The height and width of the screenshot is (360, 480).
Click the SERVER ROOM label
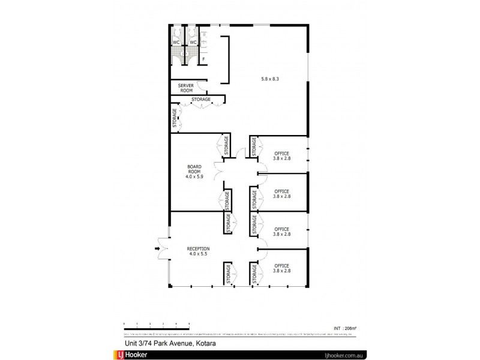(x=186, y=88)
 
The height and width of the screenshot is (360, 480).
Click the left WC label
(x=176, y=43)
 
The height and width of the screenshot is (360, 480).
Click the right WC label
(x=193, y=43)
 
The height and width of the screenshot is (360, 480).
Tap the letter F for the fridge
(x=203, y=59)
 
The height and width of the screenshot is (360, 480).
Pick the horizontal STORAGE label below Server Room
(x=200, y=99)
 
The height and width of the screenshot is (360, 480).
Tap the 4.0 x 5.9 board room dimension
(x=194, y=177)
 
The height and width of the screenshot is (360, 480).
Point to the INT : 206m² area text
(x=344, y=328)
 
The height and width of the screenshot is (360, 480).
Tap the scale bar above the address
(x=156, y=325)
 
